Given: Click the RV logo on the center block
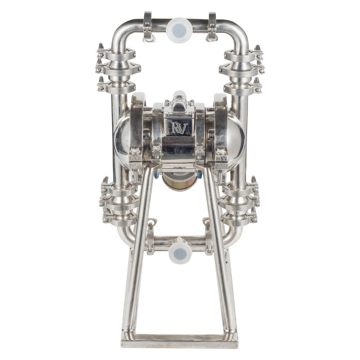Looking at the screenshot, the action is point(179,128).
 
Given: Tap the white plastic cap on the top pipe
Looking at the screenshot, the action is point(179,31).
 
